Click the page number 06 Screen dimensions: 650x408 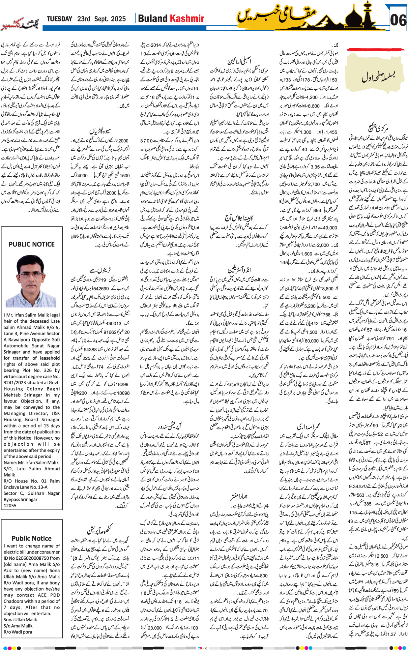[x=398, y=20]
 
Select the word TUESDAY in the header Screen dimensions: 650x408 [x=59, y=19]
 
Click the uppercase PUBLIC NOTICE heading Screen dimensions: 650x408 [x=32, y=244]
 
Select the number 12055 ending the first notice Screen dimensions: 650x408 [x=10, y=505]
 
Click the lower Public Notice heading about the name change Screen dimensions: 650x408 [x=32, y=538]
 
